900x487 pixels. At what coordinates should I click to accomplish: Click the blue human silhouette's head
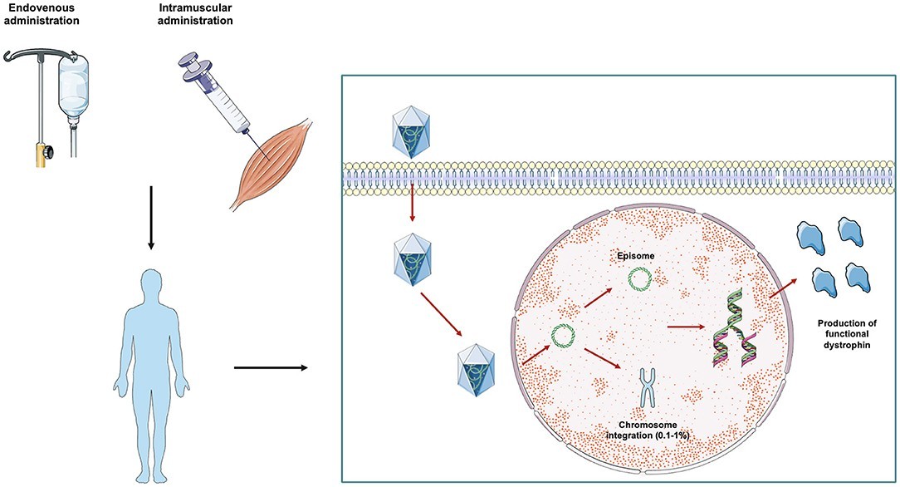point(149,281)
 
